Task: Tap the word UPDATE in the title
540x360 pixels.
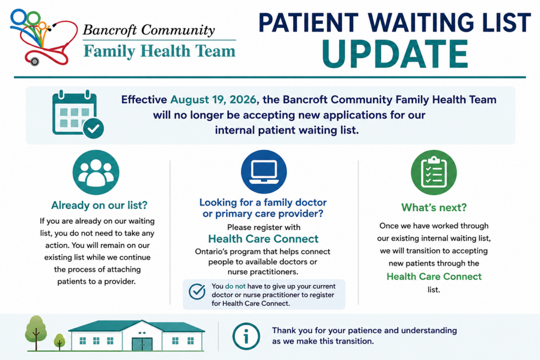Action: [x=394, y=54]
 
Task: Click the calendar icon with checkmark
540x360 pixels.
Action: [x=78, y=114]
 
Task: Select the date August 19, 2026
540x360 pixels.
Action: [x=214, y=100]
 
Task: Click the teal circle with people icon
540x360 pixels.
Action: [x=96, y=172]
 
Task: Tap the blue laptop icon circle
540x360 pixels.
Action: [x=264, y=171]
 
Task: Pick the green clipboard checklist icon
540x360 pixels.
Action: [x=433, y=172]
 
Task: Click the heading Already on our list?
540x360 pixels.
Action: [x=99, y=206]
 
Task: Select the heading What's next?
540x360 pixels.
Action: [x=434, y=208]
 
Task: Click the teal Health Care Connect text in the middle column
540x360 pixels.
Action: [x=264, y=239]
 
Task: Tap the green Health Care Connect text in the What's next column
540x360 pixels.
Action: [x=434, y=276]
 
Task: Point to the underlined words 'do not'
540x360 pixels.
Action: [x=235, y=286]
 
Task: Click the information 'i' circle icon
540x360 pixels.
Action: [x=246, y=336]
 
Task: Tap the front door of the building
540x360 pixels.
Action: [x=142, y=344]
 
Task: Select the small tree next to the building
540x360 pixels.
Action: [x=60, y=342]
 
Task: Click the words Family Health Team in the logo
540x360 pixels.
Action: [x=159, y=51]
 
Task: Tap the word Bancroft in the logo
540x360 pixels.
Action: [x=110, y=30]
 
